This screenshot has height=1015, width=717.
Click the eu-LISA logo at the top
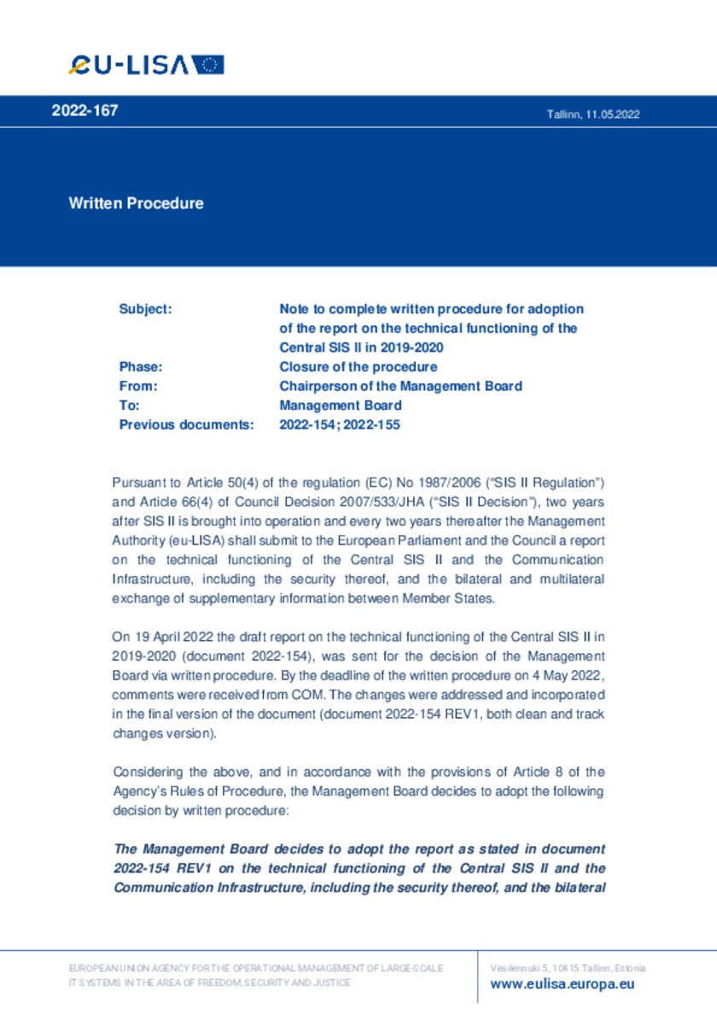[146, 65]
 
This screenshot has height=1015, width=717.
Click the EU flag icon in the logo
[207, 65]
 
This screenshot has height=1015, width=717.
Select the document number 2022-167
[85, 111]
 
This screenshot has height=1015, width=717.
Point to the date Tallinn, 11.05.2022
[593, 114]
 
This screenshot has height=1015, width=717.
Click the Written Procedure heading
[137, 203]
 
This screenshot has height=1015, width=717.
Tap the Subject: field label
[146, 309]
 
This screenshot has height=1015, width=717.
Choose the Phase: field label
[141, 367]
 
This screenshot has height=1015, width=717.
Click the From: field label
[138, 386]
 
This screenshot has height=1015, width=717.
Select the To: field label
[129, 405]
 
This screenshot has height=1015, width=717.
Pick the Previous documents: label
[186, 424]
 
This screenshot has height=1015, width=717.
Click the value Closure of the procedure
[358, 367]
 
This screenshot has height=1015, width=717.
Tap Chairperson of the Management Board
[400, 386]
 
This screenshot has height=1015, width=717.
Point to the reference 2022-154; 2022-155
[340, 424]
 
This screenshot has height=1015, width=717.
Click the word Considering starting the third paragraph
[146, 773]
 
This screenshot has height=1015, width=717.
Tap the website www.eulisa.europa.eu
[563, 984]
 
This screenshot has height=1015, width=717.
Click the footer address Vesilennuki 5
[517, 968]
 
